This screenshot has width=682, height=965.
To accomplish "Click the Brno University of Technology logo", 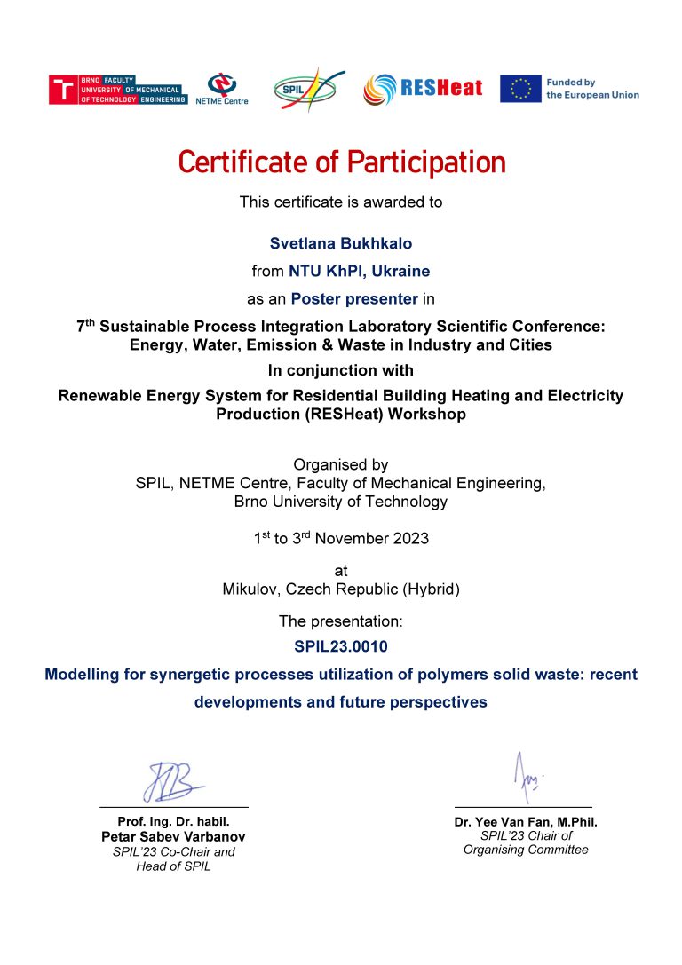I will (117, 89).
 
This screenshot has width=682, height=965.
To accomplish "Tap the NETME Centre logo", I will (221, 89).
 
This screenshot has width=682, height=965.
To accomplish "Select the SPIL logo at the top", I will (307, 89).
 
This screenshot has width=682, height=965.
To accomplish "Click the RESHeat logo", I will (423, 88).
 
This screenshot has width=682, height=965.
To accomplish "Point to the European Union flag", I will (520, 88).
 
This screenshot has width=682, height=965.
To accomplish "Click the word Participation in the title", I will (425, 162).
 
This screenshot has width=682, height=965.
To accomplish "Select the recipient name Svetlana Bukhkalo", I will (340, 243).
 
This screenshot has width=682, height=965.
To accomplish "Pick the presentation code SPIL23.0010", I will (341, 646).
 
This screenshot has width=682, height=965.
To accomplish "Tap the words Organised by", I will (341, 464).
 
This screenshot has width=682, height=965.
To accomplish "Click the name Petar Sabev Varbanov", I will (173, 837).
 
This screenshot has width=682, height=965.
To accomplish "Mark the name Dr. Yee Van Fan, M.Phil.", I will (526, 822).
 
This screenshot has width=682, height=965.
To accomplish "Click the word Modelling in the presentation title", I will (85, 675).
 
